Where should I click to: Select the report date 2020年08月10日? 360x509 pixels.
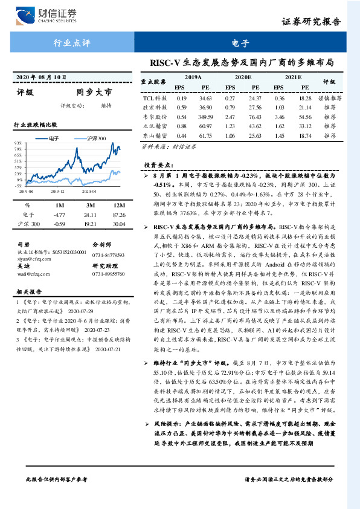39,79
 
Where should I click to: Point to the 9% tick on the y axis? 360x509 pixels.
19,143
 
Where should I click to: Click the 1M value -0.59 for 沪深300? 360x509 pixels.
59,224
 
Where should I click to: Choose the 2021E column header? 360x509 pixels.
292,77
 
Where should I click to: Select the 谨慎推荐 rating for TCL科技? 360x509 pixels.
329,97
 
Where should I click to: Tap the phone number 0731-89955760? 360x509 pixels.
108,274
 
